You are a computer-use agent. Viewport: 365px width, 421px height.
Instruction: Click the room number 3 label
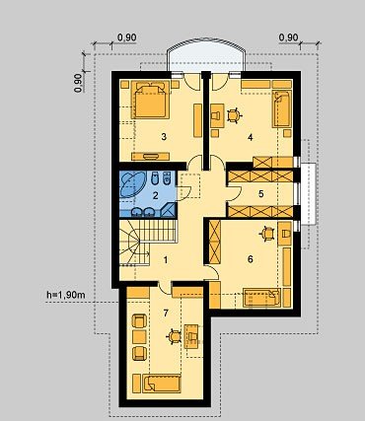point(164,137)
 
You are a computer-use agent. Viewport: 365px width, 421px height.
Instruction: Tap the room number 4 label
point(251,137)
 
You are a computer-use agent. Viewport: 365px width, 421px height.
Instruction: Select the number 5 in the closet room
point(261,194)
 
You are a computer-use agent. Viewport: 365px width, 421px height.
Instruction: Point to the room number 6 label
point(251,259)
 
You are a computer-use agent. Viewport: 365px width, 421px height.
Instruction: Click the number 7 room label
point(166,314)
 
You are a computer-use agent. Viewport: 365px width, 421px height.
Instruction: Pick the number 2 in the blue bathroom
point(156,196)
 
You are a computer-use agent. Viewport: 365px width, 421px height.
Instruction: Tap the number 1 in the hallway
point(166,260)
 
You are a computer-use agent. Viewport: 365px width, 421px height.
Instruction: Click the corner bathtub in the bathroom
point(131,183)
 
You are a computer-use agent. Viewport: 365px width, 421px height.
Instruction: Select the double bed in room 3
point(150,100)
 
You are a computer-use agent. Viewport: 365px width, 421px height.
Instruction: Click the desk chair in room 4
point(235,115)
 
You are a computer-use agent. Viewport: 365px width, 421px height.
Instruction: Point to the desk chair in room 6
point(267,234)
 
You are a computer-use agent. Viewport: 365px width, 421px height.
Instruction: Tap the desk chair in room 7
point(174,337)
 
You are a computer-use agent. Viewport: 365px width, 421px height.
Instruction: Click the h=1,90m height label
point(66,295)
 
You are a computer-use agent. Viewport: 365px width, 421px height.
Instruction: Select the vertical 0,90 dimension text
point(78,83)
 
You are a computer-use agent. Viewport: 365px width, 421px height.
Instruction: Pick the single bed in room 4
point(282,108)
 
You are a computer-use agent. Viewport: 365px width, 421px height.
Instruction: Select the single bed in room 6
point(262,298)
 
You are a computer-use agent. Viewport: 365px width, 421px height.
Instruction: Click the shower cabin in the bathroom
point(169,210)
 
